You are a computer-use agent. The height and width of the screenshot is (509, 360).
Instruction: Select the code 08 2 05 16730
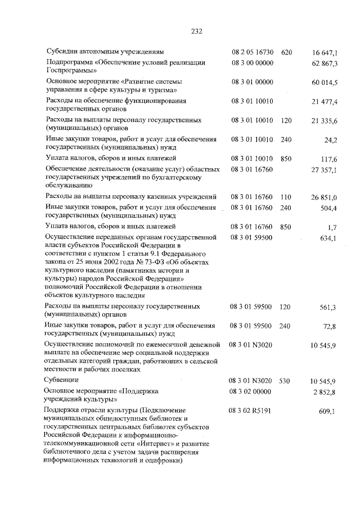point(252,52)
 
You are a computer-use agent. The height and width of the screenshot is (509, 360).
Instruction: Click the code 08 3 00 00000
point(252,62)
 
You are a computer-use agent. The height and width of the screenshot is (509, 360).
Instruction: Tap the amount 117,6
point(328,159)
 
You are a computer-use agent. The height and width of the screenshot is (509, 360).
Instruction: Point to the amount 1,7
point(332,227)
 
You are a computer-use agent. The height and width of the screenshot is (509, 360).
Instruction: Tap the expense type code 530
point(286,381)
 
